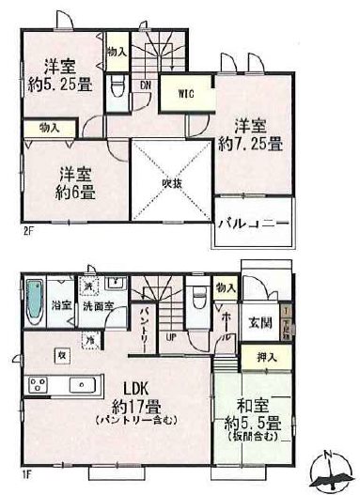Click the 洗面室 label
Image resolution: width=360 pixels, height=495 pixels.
(96, 306)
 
